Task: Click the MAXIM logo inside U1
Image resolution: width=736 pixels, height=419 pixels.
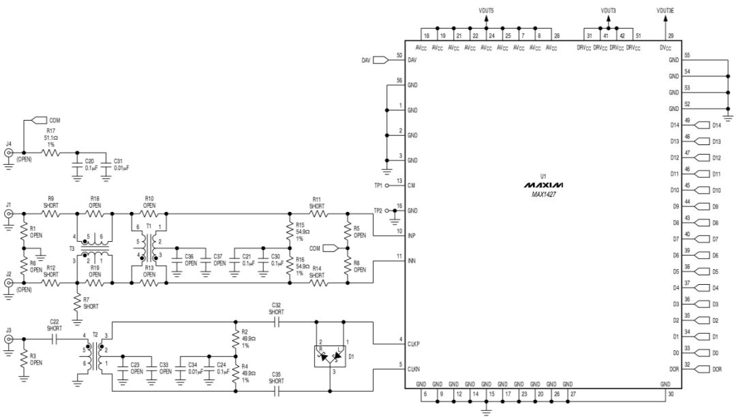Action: coord(544,185)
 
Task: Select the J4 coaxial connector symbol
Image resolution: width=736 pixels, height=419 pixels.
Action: coord(9,153)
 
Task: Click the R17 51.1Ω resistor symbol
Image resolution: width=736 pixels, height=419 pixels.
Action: coord(51,153)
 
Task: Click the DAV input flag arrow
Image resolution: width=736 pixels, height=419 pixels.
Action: coord(380,61)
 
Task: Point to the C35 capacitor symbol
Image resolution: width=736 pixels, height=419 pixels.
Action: coord(276,391)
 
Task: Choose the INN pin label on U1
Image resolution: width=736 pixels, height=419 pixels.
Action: coord(412,261)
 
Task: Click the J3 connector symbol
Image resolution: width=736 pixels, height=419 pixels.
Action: coord(9,339)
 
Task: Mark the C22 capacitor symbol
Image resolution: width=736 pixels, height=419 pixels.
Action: coord(55,339)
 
